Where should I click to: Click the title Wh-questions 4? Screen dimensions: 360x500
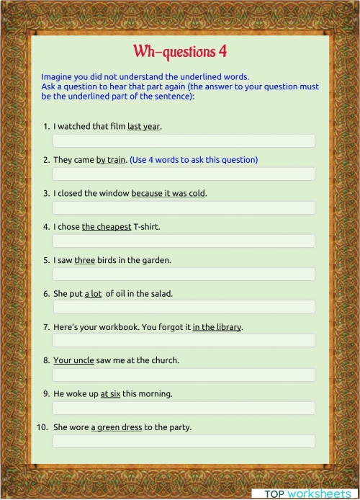click(180, 52)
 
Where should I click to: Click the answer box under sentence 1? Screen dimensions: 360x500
click(184, 140)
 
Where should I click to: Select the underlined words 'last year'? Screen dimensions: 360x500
click(143, 126)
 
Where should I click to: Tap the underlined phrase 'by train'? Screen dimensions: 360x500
click(111, 159)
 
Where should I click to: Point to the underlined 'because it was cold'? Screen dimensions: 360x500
click(168, 193)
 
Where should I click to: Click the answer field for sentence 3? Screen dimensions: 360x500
click(184, 207)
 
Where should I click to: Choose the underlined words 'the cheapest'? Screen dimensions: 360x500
click(107, 226)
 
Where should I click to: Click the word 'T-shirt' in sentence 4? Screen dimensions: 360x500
click(146, 226)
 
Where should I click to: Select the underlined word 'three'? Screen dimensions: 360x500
click(85, 259)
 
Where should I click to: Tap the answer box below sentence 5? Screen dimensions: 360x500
click(184, 274)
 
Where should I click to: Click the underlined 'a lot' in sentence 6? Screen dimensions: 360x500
click(94, 293)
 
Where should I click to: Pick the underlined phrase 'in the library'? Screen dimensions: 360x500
click(217, 326)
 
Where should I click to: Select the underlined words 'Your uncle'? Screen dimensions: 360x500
click(73, 360)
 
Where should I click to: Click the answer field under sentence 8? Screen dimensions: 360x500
click(184, 375)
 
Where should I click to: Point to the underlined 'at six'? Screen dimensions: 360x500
click(110, 393)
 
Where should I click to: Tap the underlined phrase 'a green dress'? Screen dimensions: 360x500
click(116, 427)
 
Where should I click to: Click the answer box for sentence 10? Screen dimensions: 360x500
click(184, 441)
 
